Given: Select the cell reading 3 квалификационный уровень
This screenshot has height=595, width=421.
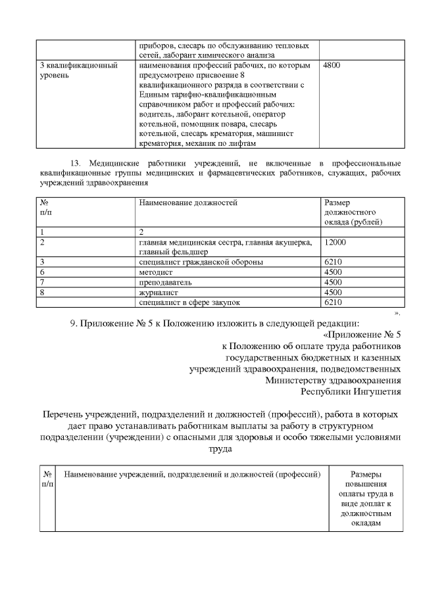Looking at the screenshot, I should [x=79, y=70].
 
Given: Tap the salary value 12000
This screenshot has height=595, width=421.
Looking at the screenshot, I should [x=335, y=243].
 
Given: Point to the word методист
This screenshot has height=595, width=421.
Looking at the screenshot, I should [x=155, y=272].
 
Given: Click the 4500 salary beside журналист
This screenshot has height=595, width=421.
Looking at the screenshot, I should [x=334, y=292].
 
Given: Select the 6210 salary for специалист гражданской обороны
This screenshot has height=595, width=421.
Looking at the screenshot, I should [x=334, y=262].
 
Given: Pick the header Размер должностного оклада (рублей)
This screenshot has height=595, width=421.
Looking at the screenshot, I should [x=353, y=212].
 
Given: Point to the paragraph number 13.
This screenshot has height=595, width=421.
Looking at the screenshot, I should [x=74, y=162].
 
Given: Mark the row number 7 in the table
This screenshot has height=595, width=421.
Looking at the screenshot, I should [x=42, y=282].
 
